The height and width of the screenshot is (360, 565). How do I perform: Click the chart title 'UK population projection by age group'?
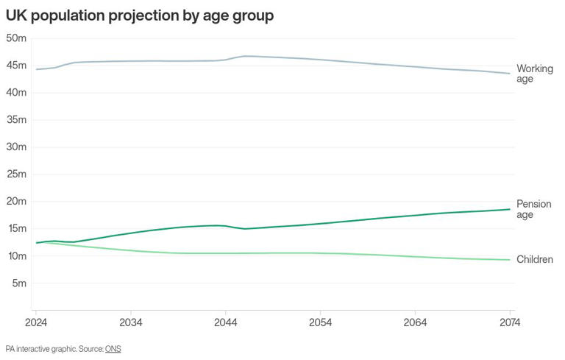(140, 16)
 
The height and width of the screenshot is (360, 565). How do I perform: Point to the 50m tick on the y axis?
(16, 38)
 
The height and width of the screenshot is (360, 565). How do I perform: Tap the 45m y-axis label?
(16, 66)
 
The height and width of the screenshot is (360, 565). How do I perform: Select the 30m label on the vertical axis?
(16, 147)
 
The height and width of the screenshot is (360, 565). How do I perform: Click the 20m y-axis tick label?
(16, 201)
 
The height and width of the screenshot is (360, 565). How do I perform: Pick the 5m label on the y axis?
(19, 283)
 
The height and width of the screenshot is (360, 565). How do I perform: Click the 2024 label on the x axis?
(36, 322)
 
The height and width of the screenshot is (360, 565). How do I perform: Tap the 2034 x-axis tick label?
(131, 322)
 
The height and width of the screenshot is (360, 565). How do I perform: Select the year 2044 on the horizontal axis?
(226, 322)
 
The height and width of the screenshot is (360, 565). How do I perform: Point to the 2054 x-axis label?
(320, 322)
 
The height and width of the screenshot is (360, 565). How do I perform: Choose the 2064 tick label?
(415, 322)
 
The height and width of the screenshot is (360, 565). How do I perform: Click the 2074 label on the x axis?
(510, 322)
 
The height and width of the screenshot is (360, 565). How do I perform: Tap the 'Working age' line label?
(535, 74)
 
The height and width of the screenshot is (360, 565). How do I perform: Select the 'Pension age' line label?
(534, 209)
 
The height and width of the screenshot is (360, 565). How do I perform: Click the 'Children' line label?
(535, 259)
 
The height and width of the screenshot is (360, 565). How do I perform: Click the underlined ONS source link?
(113, 349)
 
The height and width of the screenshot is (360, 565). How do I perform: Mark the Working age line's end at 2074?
(510, 73)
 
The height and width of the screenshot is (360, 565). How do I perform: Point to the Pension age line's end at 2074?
(510, 209)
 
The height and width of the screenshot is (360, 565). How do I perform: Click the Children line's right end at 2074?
(510, 260)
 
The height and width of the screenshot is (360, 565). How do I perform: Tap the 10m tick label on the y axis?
(16, 256)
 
